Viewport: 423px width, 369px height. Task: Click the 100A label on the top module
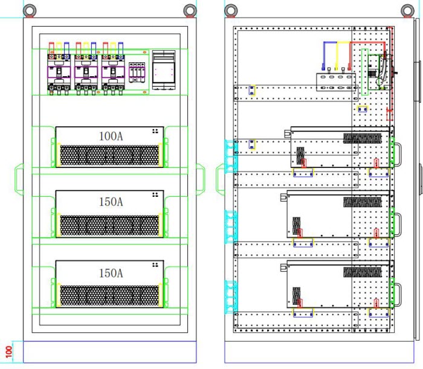111,136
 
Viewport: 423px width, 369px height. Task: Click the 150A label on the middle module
111,202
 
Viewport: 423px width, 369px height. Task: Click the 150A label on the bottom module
111,273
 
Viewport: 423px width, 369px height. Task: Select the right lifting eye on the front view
191,9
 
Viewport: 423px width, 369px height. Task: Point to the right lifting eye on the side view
408,9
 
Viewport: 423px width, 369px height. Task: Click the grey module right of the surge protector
163,69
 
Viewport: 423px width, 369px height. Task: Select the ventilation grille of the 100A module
109,155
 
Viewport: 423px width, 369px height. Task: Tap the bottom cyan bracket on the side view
229,297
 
